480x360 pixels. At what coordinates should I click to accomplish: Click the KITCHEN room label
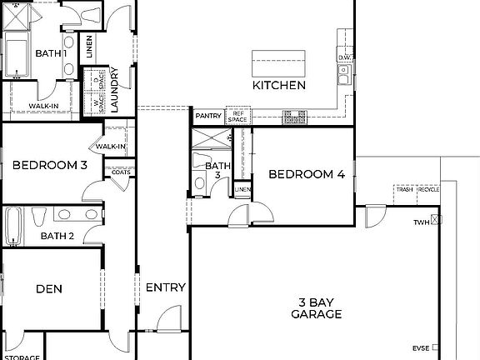tap(279, 85)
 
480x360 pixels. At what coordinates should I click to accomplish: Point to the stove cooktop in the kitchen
tap(295, 117)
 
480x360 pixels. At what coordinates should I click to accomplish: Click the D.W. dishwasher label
tap(346, 57)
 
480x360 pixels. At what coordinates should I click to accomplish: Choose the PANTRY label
tap(207, 116)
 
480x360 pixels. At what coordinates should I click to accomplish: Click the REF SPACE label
tap(238, 116)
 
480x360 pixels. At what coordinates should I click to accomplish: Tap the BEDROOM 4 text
tap(306, 174)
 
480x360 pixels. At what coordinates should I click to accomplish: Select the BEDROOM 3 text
tap(50, 165)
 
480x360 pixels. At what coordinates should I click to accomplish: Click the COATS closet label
tap(120, 172)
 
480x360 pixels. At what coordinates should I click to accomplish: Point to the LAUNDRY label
tap(115, 90)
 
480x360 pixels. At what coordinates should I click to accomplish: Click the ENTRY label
tap(165, 287)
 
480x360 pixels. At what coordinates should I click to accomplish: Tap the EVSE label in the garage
tap(421, 348)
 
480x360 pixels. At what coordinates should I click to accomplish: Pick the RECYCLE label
tap(428, 190)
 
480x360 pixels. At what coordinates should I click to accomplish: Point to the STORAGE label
tap(23, 357)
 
